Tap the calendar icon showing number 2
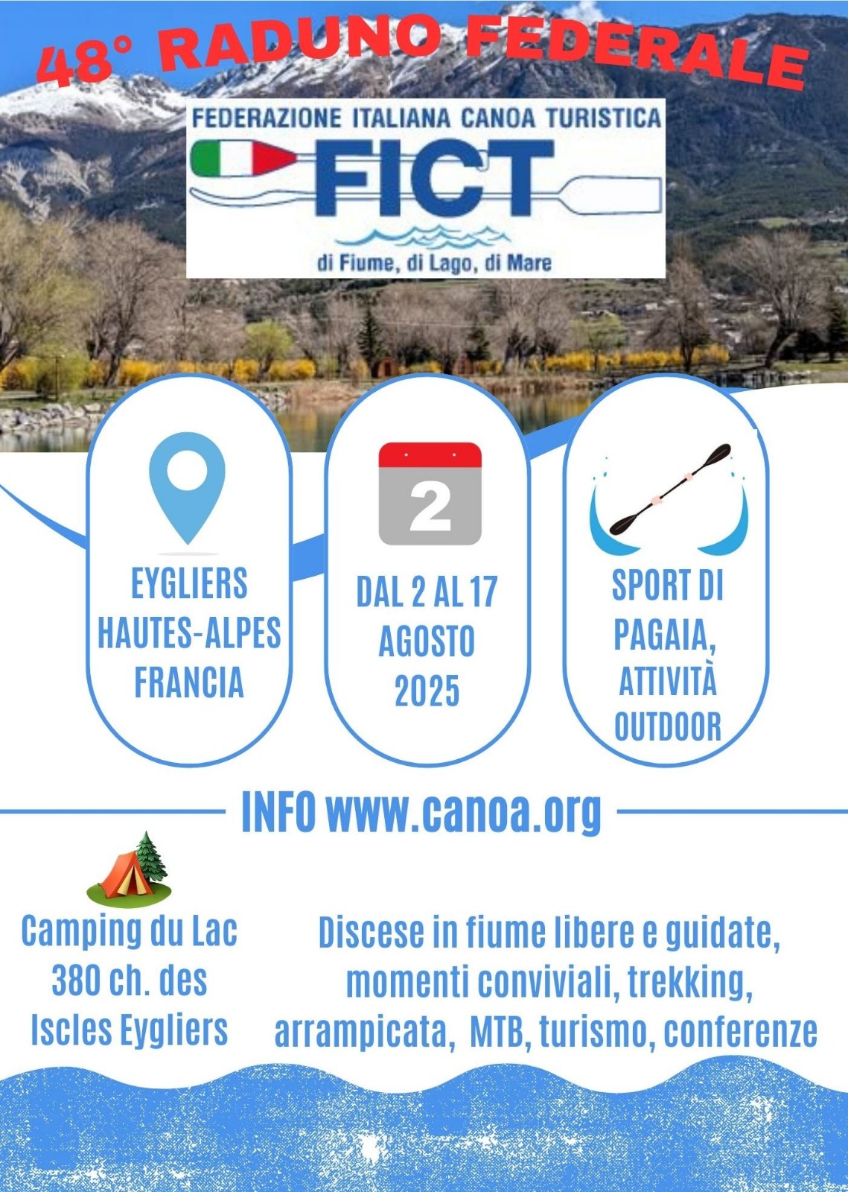click(x=430, y=493)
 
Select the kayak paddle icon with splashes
click(x=669, y=496)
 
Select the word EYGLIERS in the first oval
click(x=189, y=583)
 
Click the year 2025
click(x=427, y=691)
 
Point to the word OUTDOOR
click(x=668, y=726)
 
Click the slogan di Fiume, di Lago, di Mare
click(x=434, y=263)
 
